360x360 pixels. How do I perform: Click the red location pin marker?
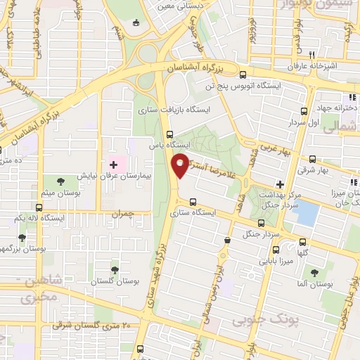[x=182, y=165]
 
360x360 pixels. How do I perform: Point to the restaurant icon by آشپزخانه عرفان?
[x=311, y=53]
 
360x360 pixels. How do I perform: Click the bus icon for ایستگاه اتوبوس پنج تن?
[x=243, y=75]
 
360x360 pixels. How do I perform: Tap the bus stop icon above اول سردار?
[x=304, y=111]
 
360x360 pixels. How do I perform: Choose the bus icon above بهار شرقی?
[x=314, y=158]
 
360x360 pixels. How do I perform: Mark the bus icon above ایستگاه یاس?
[x=168, y=134]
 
